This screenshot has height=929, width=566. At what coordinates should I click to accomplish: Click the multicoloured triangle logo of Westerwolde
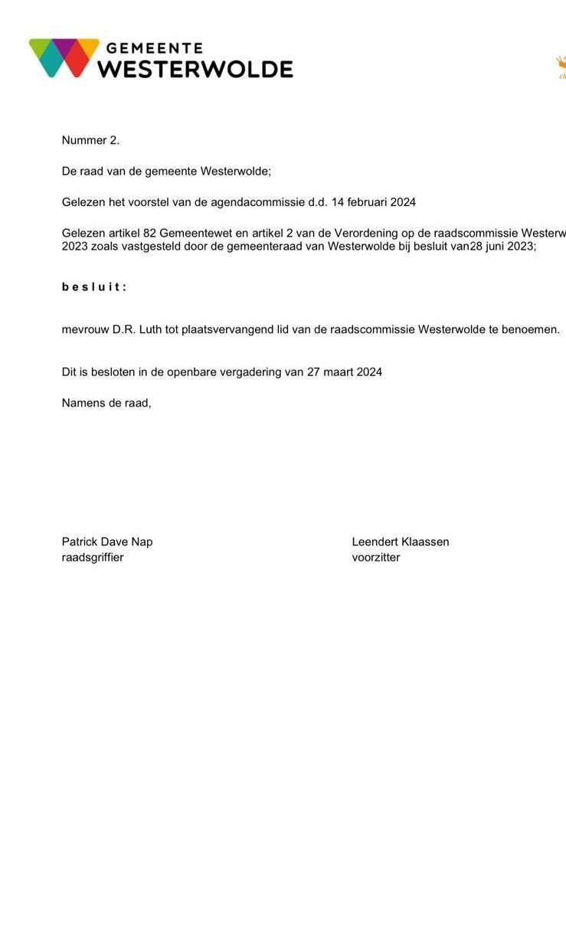coord(64,58)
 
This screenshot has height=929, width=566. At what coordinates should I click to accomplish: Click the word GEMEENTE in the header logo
coord(154,48)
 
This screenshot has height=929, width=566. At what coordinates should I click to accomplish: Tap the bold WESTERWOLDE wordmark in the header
coord(195,70)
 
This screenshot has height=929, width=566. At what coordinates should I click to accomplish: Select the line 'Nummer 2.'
coord(90,140)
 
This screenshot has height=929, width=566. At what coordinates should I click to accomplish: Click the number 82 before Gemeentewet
coord(149,233)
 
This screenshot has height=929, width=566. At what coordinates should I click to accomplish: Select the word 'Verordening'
coord(365,233)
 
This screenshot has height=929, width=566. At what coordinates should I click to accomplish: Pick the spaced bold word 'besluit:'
coord(94,287)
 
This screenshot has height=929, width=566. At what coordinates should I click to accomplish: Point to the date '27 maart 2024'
coord(345,372)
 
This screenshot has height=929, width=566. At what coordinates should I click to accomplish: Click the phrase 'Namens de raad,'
coord(106,403)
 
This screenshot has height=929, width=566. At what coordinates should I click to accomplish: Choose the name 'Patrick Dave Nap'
coord(107,541)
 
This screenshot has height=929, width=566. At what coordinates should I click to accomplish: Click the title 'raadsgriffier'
coord(93,557)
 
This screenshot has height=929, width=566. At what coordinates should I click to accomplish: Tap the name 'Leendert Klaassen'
coord(401,541)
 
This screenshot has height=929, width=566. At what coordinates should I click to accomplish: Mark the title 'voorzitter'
coord(376,557)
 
